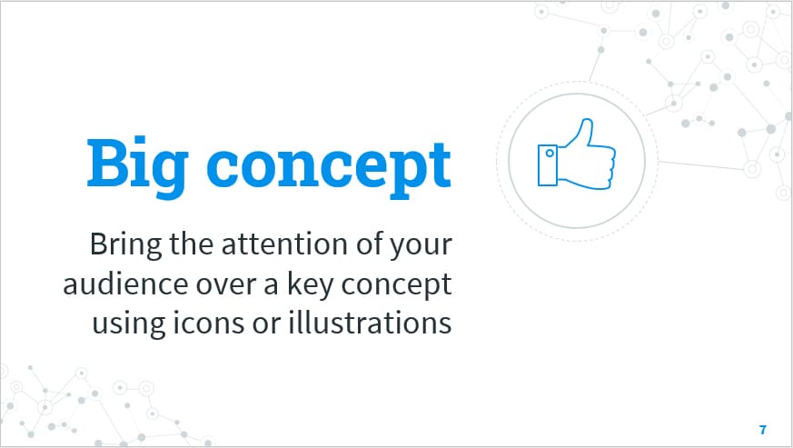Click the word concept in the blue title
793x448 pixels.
(329, 164)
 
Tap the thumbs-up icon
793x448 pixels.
(576, 155)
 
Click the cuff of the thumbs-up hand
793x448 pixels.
(547, 164)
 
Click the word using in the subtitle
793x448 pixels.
(121, 324)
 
